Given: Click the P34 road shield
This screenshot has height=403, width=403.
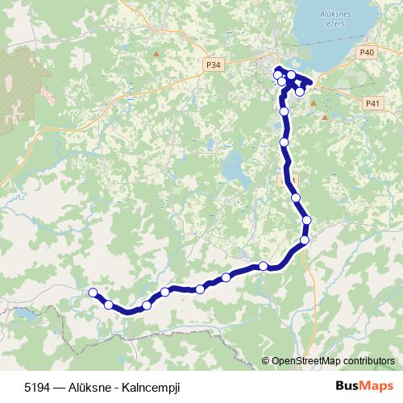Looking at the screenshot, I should (214, 64).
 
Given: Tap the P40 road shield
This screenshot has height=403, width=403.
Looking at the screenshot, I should (368, 52).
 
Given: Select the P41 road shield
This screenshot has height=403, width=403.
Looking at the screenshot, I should (372, 103).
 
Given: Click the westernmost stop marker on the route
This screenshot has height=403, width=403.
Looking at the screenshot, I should (93, 293).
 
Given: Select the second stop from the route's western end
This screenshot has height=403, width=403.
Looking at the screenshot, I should (108, 304).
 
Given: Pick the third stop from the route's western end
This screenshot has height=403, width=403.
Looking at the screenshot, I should (147, 305).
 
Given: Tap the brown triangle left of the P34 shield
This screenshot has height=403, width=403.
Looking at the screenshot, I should (156, 54).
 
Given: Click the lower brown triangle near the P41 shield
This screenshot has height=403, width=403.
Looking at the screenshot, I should (325, 117).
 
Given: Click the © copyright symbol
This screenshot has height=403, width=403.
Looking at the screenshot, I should (266, 361).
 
